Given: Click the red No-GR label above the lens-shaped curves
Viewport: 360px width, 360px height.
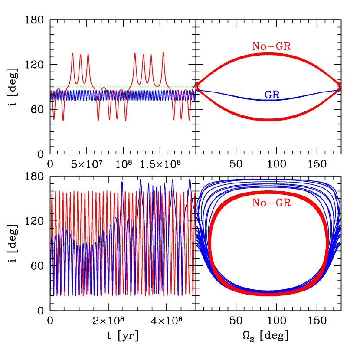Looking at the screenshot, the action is pyautogui.click(x=271, y=46).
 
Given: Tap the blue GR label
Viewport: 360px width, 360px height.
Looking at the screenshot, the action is pyautogui.click(x=272, y=95).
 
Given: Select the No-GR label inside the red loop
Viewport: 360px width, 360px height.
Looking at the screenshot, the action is pyautogui.click(x=271, y=203).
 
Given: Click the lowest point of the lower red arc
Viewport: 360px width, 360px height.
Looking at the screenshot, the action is pyautogui.click(x=268, y=118).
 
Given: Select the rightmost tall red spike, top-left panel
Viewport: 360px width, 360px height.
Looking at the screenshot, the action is pyautogui.click(x=164, y=54).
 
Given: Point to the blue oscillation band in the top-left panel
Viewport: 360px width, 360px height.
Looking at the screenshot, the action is pyautogui.click(x=130, y=95).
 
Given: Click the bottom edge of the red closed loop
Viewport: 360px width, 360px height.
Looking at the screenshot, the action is pyautogui.click(x=268, y=294).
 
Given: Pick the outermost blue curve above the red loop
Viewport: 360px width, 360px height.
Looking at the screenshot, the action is pyautogui.click(x=268, y=178).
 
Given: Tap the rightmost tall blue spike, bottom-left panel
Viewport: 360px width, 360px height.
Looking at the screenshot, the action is pyautogui.click(x=190, y=180).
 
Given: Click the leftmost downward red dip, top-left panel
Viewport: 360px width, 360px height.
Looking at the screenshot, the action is pyautogui.click(x=54, y=118).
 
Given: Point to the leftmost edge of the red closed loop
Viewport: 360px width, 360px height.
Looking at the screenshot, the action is pyautogui.click(x=210, y=243).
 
